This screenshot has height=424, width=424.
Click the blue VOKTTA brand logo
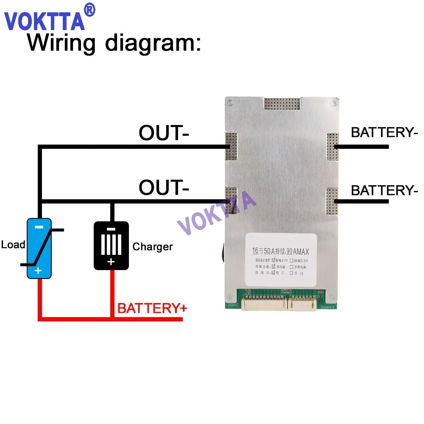[45, 20]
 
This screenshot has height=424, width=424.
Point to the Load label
[13, 245]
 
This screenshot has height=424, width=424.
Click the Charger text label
[152, 247]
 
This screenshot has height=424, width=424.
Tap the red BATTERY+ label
[152, 308]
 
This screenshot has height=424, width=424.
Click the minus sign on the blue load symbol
[39, 227]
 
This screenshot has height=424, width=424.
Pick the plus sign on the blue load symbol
[38, 270]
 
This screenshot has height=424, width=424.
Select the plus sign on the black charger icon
[111, 262]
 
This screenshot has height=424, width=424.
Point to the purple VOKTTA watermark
[216, 212]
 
